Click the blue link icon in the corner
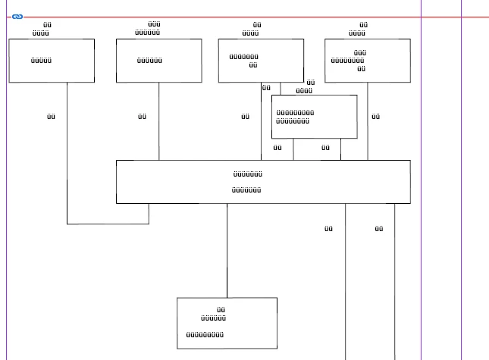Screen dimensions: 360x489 coord(17,16)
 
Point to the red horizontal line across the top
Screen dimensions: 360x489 coord(227,17)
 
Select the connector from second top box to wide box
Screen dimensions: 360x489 coord(158,121)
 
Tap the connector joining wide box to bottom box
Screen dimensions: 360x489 coord(227,250)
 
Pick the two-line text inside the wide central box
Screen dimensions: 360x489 coord(247,182)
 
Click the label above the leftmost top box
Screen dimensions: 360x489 coord(42,30)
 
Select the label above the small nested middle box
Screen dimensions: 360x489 coord(305,87)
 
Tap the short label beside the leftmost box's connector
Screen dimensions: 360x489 coord(51,117)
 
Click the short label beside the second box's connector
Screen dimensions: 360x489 coord(142,117)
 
